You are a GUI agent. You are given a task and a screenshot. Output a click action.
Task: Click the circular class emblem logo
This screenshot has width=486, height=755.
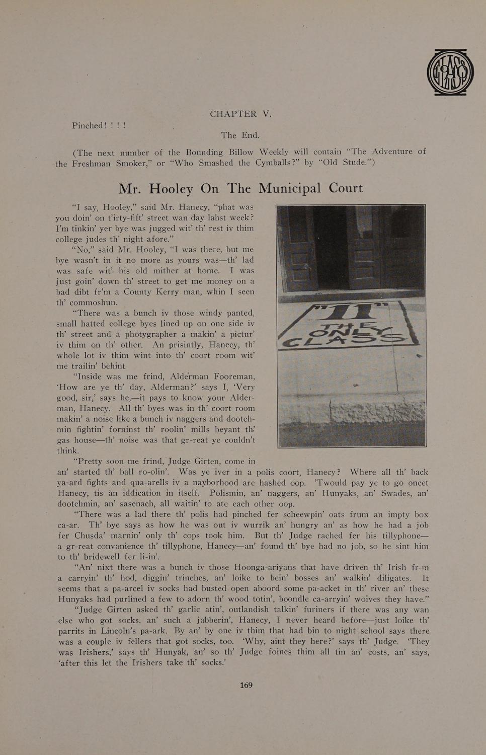(x=450, y=72)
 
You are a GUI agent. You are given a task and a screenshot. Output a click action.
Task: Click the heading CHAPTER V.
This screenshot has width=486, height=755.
(x=240, y=114)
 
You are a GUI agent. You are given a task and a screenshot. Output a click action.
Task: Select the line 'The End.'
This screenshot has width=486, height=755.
(x=240, y=135)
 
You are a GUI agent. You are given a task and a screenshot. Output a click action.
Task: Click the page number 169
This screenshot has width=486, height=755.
(x=246, y=685)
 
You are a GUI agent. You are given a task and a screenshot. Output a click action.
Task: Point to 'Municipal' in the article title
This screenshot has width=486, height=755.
(x=289, y=188)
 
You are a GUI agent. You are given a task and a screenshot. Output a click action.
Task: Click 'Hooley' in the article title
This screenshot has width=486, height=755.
(x=171, y=189)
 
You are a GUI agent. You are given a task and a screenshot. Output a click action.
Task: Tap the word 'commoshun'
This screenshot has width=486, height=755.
(x=93, y=303)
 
